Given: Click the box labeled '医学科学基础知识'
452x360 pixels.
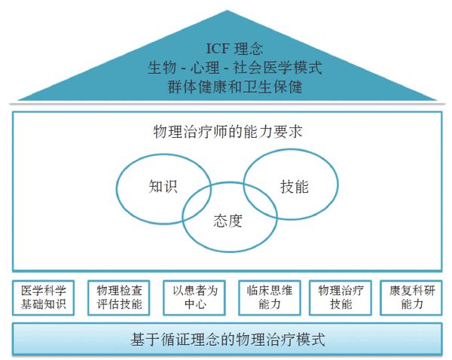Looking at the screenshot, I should [x=44, y=297].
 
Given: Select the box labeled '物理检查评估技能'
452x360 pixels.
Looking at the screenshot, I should [x=118, y=297].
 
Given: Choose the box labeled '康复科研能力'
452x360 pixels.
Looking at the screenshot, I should [x=411, y=297].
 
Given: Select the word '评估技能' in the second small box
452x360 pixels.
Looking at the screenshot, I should [x=118, y=305].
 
